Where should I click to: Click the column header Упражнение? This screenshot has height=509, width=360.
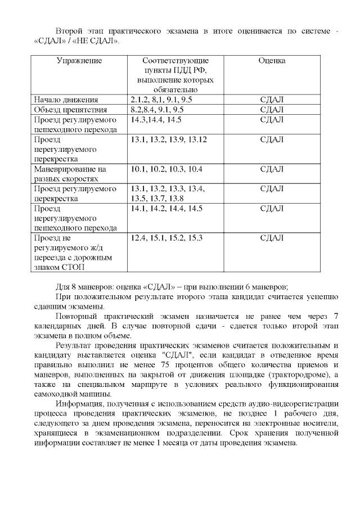[x=79, y=61]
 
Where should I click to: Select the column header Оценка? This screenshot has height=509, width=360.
[x=272, y=61]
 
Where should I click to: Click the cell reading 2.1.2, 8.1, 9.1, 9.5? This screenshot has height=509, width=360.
[x=161, y=100]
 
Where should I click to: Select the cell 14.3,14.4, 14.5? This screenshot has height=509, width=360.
[x=156, y=120]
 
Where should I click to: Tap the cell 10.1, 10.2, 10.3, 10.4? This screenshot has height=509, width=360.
[x=166, y=169]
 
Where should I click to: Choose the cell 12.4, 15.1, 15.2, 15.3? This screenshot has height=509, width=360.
[x=166, y=238]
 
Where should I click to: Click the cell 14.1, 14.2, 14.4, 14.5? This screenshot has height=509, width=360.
[x=166, y=208]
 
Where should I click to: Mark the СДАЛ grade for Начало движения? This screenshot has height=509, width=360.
[x=272, y=100]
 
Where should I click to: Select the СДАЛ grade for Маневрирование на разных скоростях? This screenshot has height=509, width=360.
[x=272, y=169]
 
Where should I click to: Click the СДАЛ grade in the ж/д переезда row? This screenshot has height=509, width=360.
[x=272, y=238]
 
